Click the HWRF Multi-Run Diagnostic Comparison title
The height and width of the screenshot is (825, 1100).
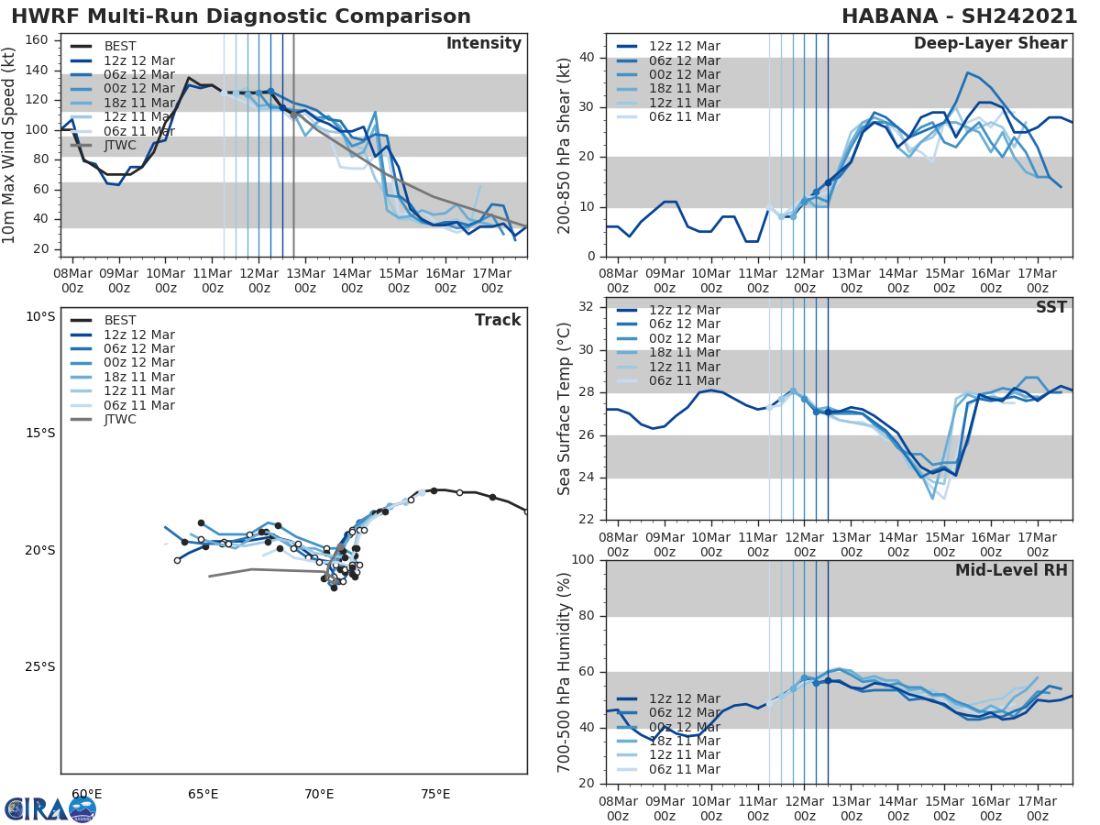click(x=241, y=16)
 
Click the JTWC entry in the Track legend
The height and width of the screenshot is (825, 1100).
click(x=120, y=419)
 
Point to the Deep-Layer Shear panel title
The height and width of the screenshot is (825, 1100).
click(x=990, y=44)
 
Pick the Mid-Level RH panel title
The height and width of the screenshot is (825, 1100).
click(x=1011, y=570)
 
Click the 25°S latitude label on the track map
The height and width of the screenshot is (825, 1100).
click(x=40, y=666)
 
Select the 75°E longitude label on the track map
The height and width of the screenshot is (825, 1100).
click(x=435, y=794)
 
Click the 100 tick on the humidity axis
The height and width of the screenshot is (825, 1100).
click(x=584, y=560)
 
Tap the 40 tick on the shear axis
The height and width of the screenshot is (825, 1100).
click(x=588, y=58)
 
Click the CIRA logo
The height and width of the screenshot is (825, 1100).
click(x=50, y=808)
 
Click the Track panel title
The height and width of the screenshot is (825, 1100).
click(x=497, y=320)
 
